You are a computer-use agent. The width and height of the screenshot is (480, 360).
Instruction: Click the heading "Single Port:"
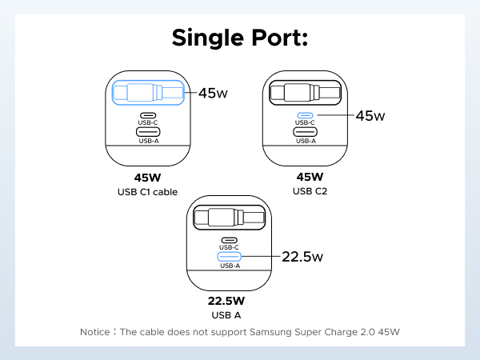pos(240,39)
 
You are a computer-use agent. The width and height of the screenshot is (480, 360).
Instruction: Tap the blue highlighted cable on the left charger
pos(148,92)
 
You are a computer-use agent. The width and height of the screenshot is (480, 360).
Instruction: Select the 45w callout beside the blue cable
pos(212,94)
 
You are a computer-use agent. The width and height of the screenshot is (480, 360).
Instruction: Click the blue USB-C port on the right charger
pos(306,114)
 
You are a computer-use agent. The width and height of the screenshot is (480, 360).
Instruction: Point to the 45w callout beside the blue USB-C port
pos(370,115)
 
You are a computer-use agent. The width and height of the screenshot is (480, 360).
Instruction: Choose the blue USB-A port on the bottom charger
pos(229,257)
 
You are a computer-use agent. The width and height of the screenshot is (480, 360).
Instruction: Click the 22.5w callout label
pos(302,257)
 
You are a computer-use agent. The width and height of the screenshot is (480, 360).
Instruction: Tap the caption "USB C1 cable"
pos(147,192)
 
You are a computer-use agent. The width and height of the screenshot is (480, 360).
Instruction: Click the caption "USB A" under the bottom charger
pos(226,315)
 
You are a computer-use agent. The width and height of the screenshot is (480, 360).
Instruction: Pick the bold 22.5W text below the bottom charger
pos(226,302)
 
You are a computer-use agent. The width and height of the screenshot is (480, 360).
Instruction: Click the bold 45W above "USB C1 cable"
pos(147,178)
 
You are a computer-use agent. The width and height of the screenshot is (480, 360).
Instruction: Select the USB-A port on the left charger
pos(148,132)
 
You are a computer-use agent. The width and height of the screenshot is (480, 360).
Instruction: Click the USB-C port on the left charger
pos(148,115)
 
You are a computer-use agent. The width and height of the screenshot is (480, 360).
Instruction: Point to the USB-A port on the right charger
pos(306,132)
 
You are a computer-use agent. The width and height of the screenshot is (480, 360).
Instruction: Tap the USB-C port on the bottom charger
pos(229,240)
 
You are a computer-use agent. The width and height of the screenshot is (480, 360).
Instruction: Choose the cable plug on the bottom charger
pos(224,217)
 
